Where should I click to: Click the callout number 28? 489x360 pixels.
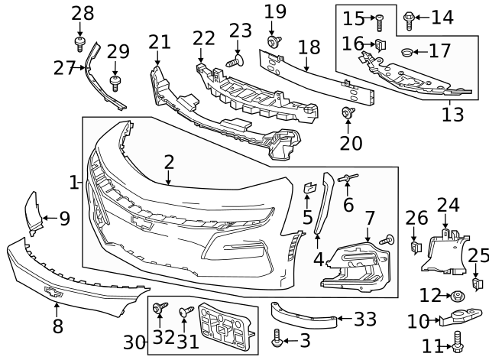tap(82, 12)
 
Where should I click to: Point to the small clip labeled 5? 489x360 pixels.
tap(309, 187)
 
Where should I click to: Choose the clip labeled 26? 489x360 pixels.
tap(416, 248)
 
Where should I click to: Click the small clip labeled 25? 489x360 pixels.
tap(476, 284)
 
